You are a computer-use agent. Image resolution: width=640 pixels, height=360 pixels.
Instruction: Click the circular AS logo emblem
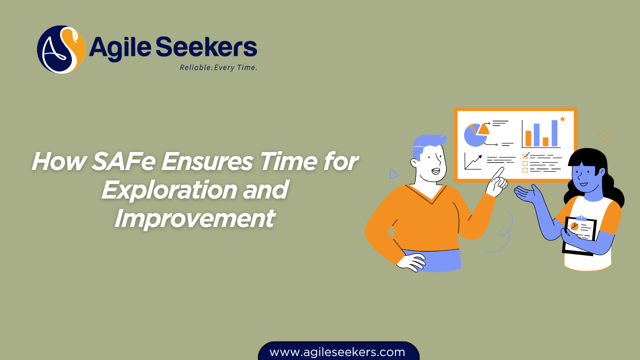(x=61, y=49)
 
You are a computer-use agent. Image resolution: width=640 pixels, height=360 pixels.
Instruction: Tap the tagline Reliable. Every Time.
(x=218, y=67)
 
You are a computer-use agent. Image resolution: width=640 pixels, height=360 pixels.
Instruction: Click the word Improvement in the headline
(x=194, y=218)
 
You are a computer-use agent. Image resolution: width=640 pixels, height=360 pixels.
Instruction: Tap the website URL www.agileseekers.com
(x=337, y=352)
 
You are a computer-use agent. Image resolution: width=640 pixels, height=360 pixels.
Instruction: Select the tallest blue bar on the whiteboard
(x=554, y=132)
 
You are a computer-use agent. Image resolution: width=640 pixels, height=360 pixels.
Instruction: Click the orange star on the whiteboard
(x=562, y=119)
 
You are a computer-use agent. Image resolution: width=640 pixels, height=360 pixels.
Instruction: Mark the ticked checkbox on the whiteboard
(x=525, y=155)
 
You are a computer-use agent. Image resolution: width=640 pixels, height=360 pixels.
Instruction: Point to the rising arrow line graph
(x=473, y=161)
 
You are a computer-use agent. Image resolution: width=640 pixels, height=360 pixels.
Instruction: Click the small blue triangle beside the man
(x=394, y=174)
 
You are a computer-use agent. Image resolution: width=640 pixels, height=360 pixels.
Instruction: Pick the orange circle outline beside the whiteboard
(x=603, y=135)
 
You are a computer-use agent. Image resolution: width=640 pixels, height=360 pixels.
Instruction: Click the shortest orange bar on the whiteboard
(x=546, y=141)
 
